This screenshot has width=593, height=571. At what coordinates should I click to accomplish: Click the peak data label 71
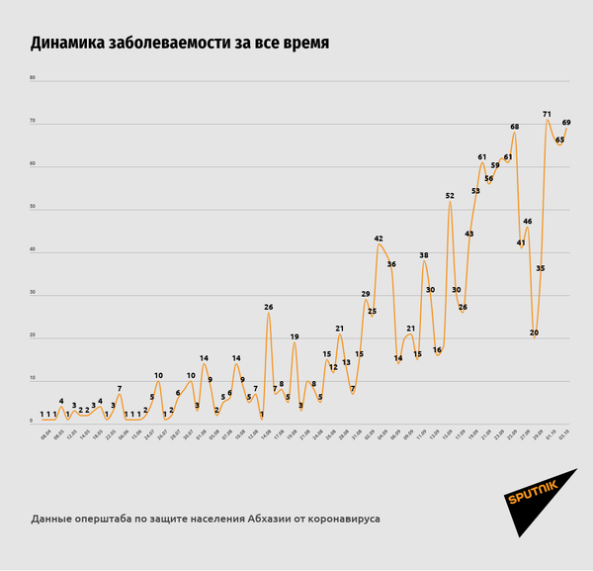click(x=547, y=115)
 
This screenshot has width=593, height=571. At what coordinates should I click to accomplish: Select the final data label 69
click(x=566, y=123)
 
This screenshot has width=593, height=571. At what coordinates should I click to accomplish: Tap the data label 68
click(x=515, y=127)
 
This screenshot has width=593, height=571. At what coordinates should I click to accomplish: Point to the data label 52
click(x=450, y=196)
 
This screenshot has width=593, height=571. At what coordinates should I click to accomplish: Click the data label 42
click(x=379, y=238)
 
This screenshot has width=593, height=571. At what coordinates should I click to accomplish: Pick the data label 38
click(x=424, y=255)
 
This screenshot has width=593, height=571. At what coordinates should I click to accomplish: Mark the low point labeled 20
click(x=534, y=333)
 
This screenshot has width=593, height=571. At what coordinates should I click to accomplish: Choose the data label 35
click(x=541, y=268)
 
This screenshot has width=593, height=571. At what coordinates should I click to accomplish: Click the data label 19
click(x=295, y=337)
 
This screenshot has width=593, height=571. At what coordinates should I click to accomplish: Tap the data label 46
click(x=528, y=222)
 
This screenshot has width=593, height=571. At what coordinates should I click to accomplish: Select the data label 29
click(x=366, y=294)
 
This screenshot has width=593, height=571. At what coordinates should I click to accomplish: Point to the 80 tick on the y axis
click(x=33, y=78)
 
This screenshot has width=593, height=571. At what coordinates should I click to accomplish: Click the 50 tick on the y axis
click(x=33, y=208)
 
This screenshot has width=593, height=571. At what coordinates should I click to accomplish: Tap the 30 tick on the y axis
click(x=33, y=294)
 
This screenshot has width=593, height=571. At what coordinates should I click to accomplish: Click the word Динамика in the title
click(x=72, y=44)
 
